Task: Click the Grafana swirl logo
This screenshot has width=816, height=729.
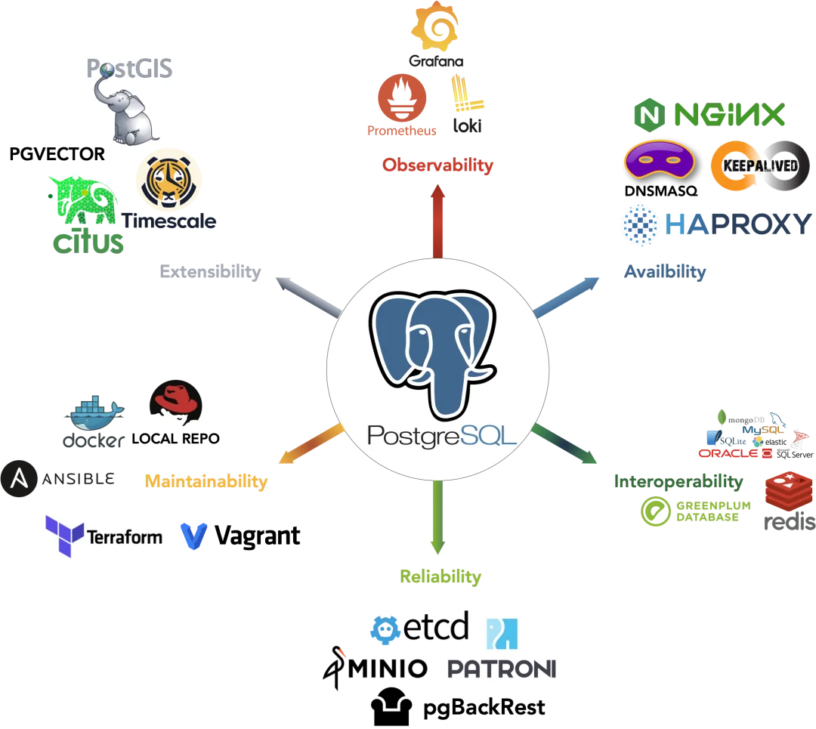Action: pyautogui.click(x=435, y=26)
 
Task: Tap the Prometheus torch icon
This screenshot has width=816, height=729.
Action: pyautogui.click(x=402, y=97)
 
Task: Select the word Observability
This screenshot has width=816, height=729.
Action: pyautogui.click(x=437, y=165)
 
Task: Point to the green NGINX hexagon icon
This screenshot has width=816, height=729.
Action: pyautogui.click(x=650, y=115)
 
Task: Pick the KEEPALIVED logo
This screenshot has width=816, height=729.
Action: pyautogui.click(x=760, y=165)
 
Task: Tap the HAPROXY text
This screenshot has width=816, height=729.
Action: pyautogui.click(x=738, y=224)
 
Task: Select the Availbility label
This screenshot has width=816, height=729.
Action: pyautogui.click(x=665, y=272)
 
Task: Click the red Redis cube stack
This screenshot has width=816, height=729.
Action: pyautogui.click(x=789, y=491)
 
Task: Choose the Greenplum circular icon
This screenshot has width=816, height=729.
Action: pyautogui.click(x=656, y=511)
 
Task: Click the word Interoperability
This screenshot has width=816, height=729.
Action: pyautogui.click(x=678, y=482)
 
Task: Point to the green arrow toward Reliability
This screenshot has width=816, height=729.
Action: pyautogui.click(x=437, y=517)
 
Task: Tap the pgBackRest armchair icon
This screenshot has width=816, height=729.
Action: pyautogui.click(x=391, y=706)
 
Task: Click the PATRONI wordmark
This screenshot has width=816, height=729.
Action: pyautogui.click(x=502, y=669)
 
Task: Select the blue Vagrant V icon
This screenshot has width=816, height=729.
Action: pyautogui.click(x=193, y=536)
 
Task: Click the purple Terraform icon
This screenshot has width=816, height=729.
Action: pyautogui.click(x=64, y=536)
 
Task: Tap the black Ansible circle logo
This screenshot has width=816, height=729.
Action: pyautogui.click(x=19, y=479)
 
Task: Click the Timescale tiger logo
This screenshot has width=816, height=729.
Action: pyautogui.click(x=168, y=180)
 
